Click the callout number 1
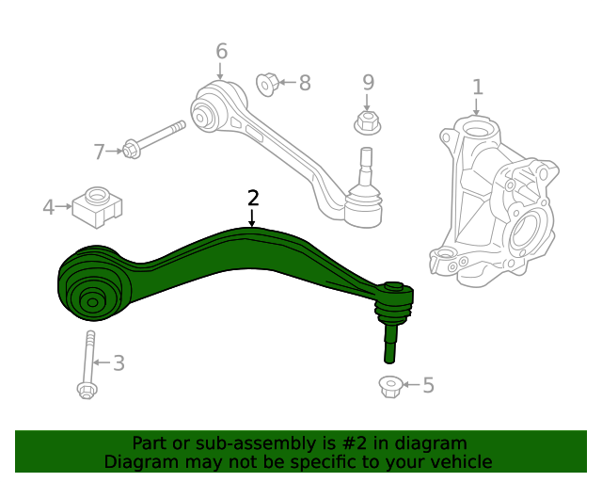tap(478, 88)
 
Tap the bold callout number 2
tap(252, 198)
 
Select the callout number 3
tap(119, 363)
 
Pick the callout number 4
tap(49, 205)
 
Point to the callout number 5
tap(428, 385)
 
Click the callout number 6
tap(221, 51)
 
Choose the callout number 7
tap(101, 151)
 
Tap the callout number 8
tap(304, 84)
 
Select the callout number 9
tap(368, 82)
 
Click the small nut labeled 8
tap(267, 84)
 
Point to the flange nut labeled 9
tap(367, 121)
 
